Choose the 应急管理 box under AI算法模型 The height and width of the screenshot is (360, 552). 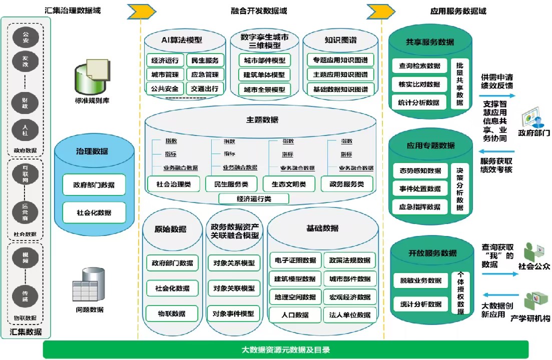(x=205, y=75)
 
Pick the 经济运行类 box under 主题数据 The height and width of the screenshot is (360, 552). (x=254, y=198)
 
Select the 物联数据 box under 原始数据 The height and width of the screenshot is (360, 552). (x=172, y=314)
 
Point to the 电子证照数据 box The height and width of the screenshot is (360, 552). (x=295, y=260)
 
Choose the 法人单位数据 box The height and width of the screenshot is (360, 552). (x=350, y=314)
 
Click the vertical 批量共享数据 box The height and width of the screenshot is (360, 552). (x=460, y=84)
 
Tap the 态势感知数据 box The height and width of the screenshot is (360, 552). (x=420, y=170)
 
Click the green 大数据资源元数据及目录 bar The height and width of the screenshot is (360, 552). (x=286, y=349)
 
